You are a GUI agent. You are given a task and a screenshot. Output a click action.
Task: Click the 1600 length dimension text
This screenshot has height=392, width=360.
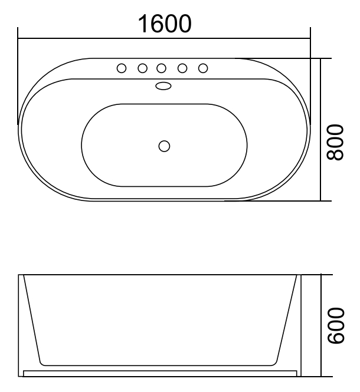pyautogui.click(x=165, y=24)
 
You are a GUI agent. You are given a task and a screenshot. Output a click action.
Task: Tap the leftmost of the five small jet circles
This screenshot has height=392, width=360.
pyautogui.click(x=122, y=68)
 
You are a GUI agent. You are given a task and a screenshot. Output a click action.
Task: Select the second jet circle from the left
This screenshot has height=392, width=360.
pyautogui.click(x=142, y=68)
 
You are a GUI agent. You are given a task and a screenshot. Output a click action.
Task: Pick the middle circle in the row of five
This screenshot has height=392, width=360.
pyautogui.click(x=162, y=68)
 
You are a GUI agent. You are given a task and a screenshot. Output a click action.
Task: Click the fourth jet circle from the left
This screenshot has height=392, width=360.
pyautogui.click(x=182, y=68)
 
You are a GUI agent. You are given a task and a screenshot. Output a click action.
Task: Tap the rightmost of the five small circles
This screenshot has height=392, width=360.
pyautogui.click(x=202, y=68)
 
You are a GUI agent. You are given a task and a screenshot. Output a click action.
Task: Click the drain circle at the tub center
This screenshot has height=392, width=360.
pyautogui.click(x=165, y=145)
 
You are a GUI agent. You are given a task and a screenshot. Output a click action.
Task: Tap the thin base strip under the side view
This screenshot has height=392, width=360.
pyautogui.click(x=159, y=373)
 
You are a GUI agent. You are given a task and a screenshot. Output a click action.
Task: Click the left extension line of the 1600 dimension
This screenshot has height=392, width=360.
pyautogui.click(x=18, y=77)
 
